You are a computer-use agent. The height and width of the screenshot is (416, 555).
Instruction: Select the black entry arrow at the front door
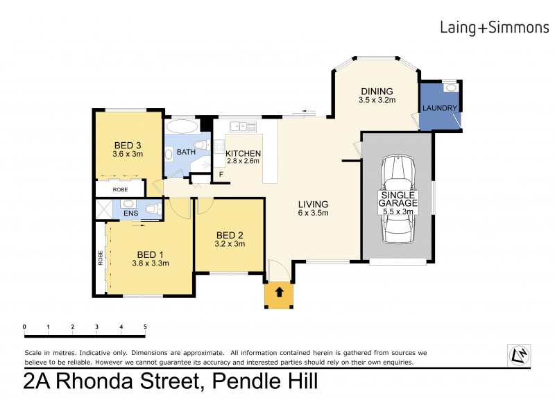[280, 293]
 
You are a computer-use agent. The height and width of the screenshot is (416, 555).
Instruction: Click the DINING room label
[377, 91]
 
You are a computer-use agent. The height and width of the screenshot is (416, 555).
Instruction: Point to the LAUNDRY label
[439, 108]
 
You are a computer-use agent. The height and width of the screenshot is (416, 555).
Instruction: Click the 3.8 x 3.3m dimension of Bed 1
[150, 263]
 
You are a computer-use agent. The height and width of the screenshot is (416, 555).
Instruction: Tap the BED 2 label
[230, 234]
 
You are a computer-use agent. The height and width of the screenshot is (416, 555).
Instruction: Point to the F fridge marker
[221, 175]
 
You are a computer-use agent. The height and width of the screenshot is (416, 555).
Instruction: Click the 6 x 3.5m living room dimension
[313, 213]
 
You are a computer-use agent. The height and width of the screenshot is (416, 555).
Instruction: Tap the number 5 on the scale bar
[145, 327]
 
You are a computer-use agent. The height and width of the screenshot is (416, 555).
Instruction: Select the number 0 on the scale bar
[24, 327]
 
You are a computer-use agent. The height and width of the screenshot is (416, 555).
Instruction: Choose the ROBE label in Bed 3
[120, 189]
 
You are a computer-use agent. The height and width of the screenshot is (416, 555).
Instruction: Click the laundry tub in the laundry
[450, 88]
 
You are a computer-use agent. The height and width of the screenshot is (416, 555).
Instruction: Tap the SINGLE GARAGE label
[398, 199]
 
